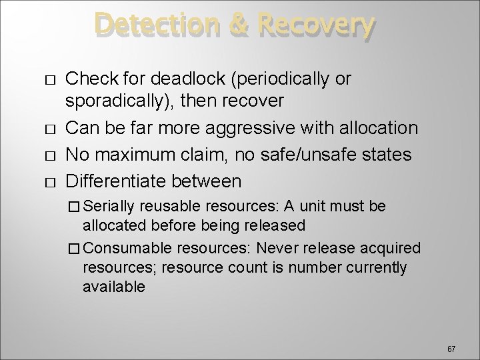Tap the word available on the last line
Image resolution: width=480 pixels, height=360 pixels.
(x=113, y=287)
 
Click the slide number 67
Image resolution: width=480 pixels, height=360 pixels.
(x=451, y=349)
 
